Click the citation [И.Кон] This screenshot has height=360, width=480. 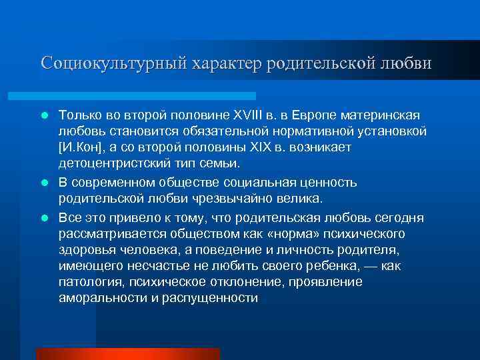pos(81,147)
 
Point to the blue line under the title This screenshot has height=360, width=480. pos(147,96)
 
